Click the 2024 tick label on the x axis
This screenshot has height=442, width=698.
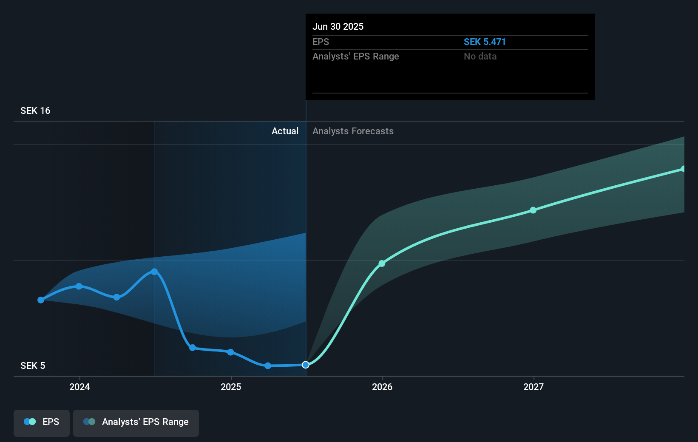point(79,387)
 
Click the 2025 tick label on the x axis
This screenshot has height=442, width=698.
point(231,387)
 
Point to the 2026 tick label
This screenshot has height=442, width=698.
point(382,387)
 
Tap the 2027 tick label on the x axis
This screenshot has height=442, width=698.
point(533,387)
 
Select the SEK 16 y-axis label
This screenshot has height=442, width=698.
point(35,111)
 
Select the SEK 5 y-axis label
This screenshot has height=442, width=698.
point(33,366)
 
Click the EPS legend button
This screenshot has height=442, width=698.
point(42,422)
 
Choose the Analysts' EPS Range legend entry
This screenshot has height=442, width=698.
point(136,422)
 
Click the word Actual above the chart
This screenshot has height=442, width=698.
point(285,131)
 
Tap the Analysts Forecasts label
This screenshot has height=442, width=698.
point(353,131)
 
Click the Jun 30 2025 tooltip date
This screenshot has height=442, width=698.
point(338,27)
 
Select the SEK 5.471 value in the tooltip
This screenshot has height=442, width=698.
point(485,42)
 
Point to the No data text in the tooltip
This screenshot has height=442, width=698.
point(480,57)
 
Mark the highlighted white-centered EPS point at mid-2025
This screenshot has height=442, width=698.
point(306,365)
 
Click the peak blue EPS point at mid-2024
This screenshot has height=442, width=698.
point(154,272)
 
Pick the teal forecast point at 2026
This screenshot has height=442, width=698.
point(382,263)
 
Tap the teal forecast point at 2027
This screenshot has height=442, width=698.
point(533,210)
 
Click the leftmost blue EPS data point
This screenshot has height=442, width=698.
point(41,300)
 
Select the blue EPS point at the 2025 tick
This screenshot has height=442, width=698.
point(230,352)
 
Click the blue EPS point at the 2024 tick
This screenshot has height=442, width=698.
point(79,286)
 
